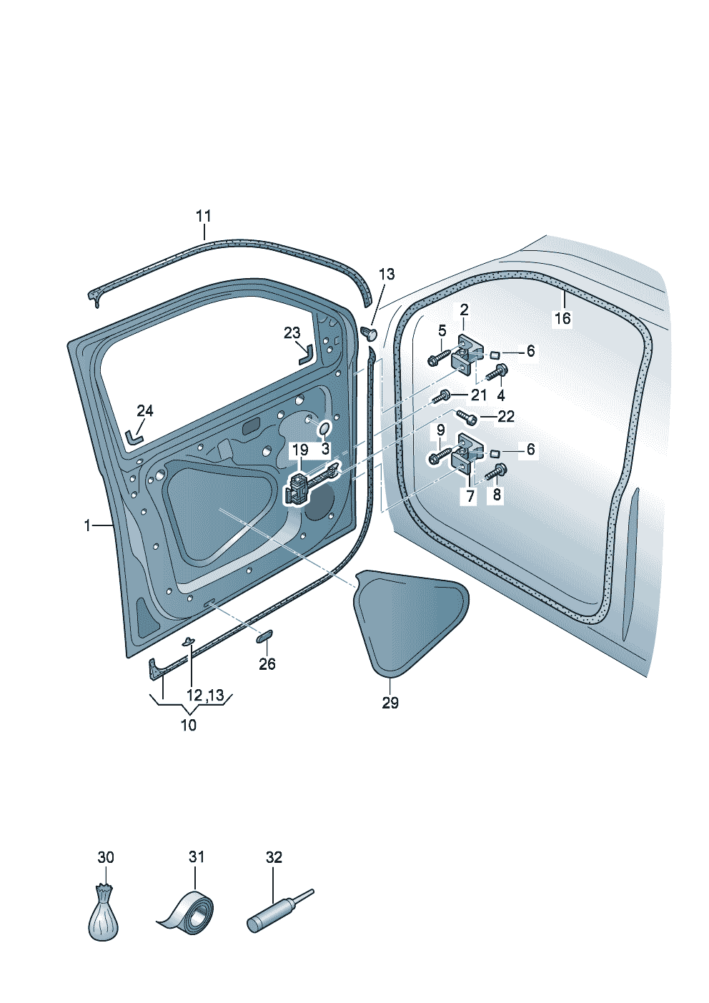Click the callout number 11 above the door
tap(203, 217)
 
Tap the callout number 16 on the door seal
tap(562, 318)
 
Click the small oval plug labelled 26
tap(264, 636)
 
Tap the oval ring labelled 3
tap(324, 428)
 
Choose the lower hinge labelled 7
tap(468, 455)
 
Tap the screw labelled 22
tap(467, 416)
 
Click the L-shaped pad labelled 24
tap(134, 436)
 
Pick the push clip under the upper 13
tap(369, 332)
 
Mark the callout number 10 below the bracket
tap(189, 725)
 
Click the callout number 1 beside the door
tap(87, 525)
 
